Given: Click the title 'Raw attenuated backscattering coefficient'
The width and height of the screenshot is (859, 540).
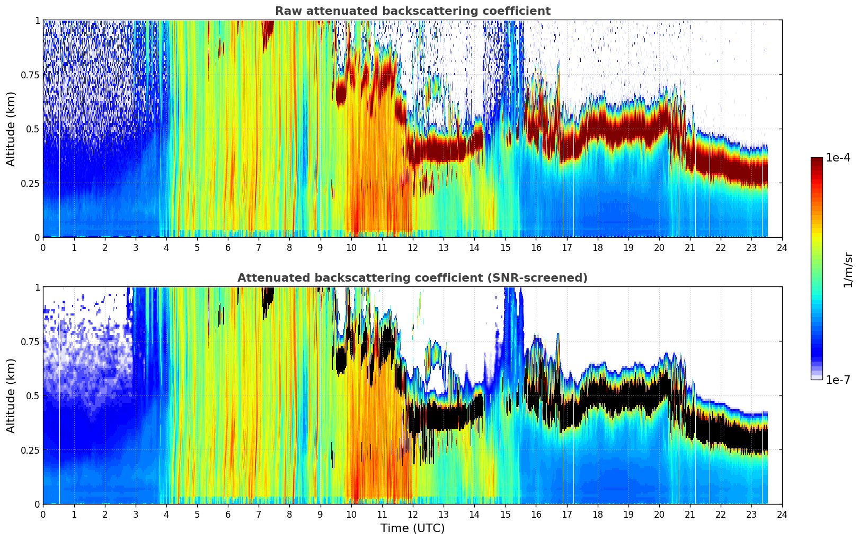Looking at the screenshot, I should (x=412, y=11).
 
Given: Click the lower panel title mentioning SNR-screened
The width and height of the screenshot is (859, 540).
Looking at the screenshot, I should (x=412, y=278).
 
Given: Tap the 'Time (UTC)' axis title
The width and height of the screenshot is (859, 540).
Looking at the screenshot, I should (x=412, y=528).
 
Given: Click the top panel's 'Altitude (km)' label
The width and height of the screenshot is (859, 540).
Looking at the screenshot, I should (x=11, y=129).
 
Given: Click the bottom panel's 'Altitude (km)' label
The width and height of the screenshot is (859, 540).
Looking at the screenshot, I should (x=11, y=395).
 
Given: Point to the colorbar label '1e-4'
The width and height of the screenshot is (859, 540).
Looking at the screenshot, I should (x=838, y=158).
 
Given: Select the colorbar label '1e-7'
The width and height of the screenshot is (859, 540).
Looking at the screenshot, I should (x=838, y=380).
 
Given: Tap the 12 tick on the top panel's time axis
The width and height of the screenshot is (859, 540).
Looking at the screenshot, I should (x=413, y=247).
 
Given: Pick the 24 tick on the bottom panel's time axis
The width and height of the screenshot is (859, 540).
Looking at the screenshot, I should (x=782, y=514).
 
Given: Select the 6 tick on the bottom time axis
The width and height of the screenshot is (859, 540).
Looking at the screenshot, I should (x=228, y=514).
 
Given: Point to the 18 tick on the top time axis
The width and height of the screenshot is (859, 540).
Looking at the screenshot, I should (x=597, y=247).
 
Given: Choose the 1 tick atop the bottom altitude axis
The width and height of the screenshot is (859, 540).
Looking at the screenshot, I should (x=37, y=287).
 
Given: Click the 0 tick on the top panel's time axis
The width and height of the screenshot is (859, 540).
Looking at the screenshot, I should (x=43, y=247).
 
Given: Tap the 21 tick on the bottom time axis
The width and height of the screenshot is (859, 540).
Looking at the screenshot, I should (x=690, y=514).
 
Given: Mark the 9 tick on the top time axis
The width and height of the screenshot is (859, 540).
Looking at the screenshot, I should (x=320, y=247).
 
